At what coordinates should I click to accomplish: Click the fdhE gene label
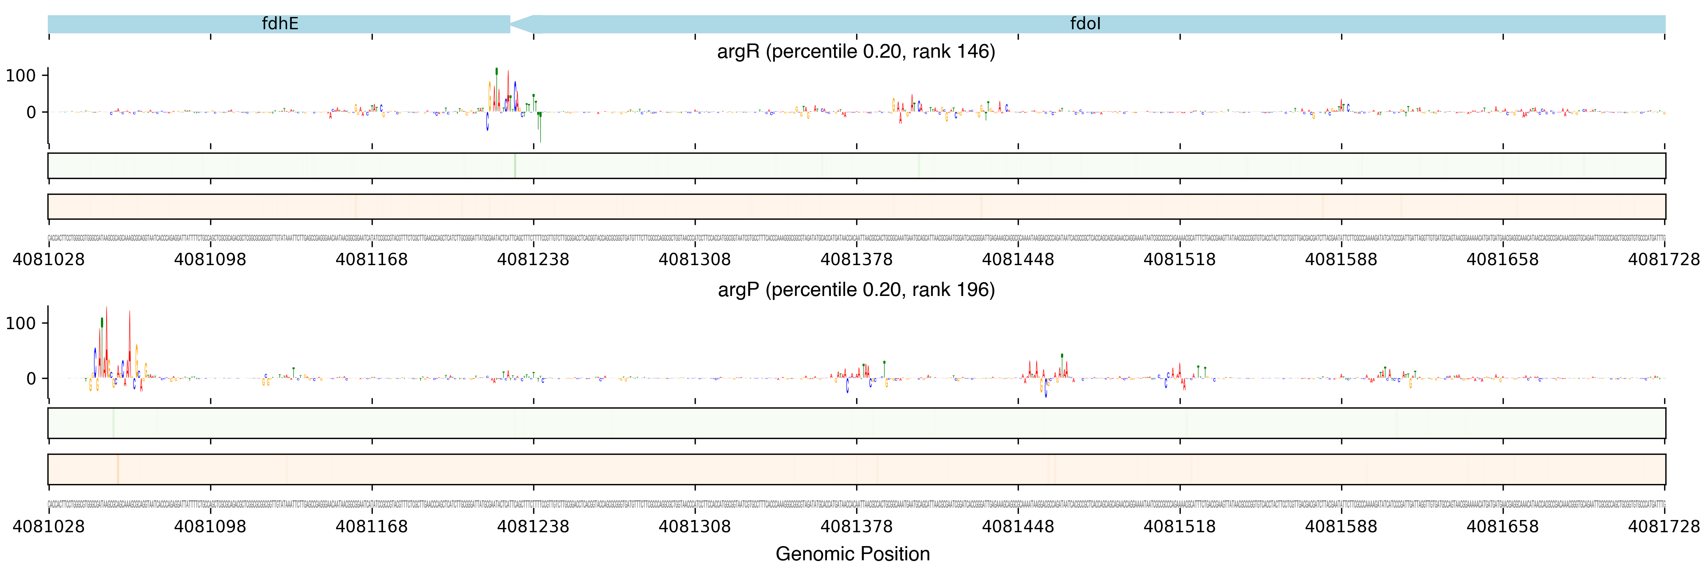coord(280,24)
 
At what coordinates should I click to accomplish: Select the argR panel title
coord(856,52)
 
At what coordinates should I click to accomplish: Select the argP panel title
coord(856,290)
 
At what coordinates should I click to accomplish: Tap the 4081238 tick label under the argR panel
coord(533,260)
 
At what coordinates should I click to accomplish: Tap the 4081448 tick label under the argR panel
coord(1018,260)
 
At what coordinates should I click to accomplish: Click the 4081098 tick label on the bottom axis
coord(210,527)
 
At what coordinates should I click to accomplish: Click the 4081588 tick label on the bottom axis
coord(1341,527)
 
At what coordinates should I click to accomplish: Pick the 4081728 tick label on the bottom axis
coord(1664,527)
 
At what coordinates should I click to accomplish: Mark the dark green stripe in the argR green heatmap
coord(515,166)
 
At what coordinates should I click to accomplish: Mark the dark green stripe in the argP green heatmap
coord(113,423)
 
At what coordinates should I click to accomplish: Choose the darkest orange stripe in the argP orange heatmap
coord(117,469)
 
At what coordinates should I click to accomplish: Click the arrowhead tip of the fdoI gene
coord(511,24)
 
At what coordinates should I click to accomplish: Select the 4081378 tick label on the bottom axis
coord(856,527)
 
